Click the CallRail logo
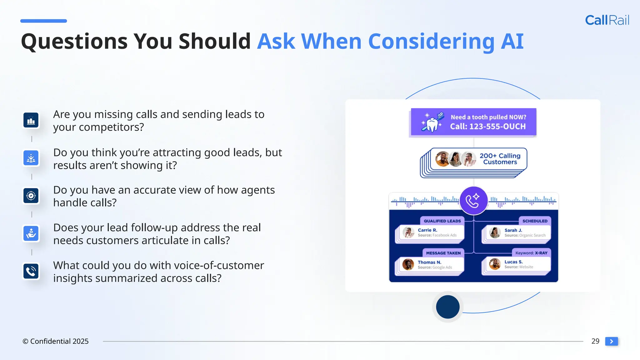[607, 20]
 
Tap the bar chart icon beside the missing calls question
[31, 120]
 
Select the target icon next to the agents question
[31, 196]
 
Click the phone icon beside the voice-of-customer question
[31, 271]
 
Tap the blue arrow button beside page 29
[611, 341]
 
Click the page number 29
[595, 341]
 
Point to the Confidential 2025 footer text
[56, 341]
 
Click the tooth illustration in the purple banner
[432, 123]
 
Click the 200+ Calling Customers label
[500, 159]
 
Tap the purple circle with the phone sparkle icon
[473, 200]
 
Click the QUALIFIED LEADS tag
[442, 221]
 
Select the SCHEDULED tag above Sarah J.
[535, 221]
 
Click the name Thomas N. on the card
[429, 262]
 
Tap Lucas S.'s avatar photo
[495, 264]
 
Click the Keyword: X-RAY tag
[531, 253]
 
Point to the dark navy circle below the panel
[447, 307]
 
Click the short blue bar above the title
[43, 21]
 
